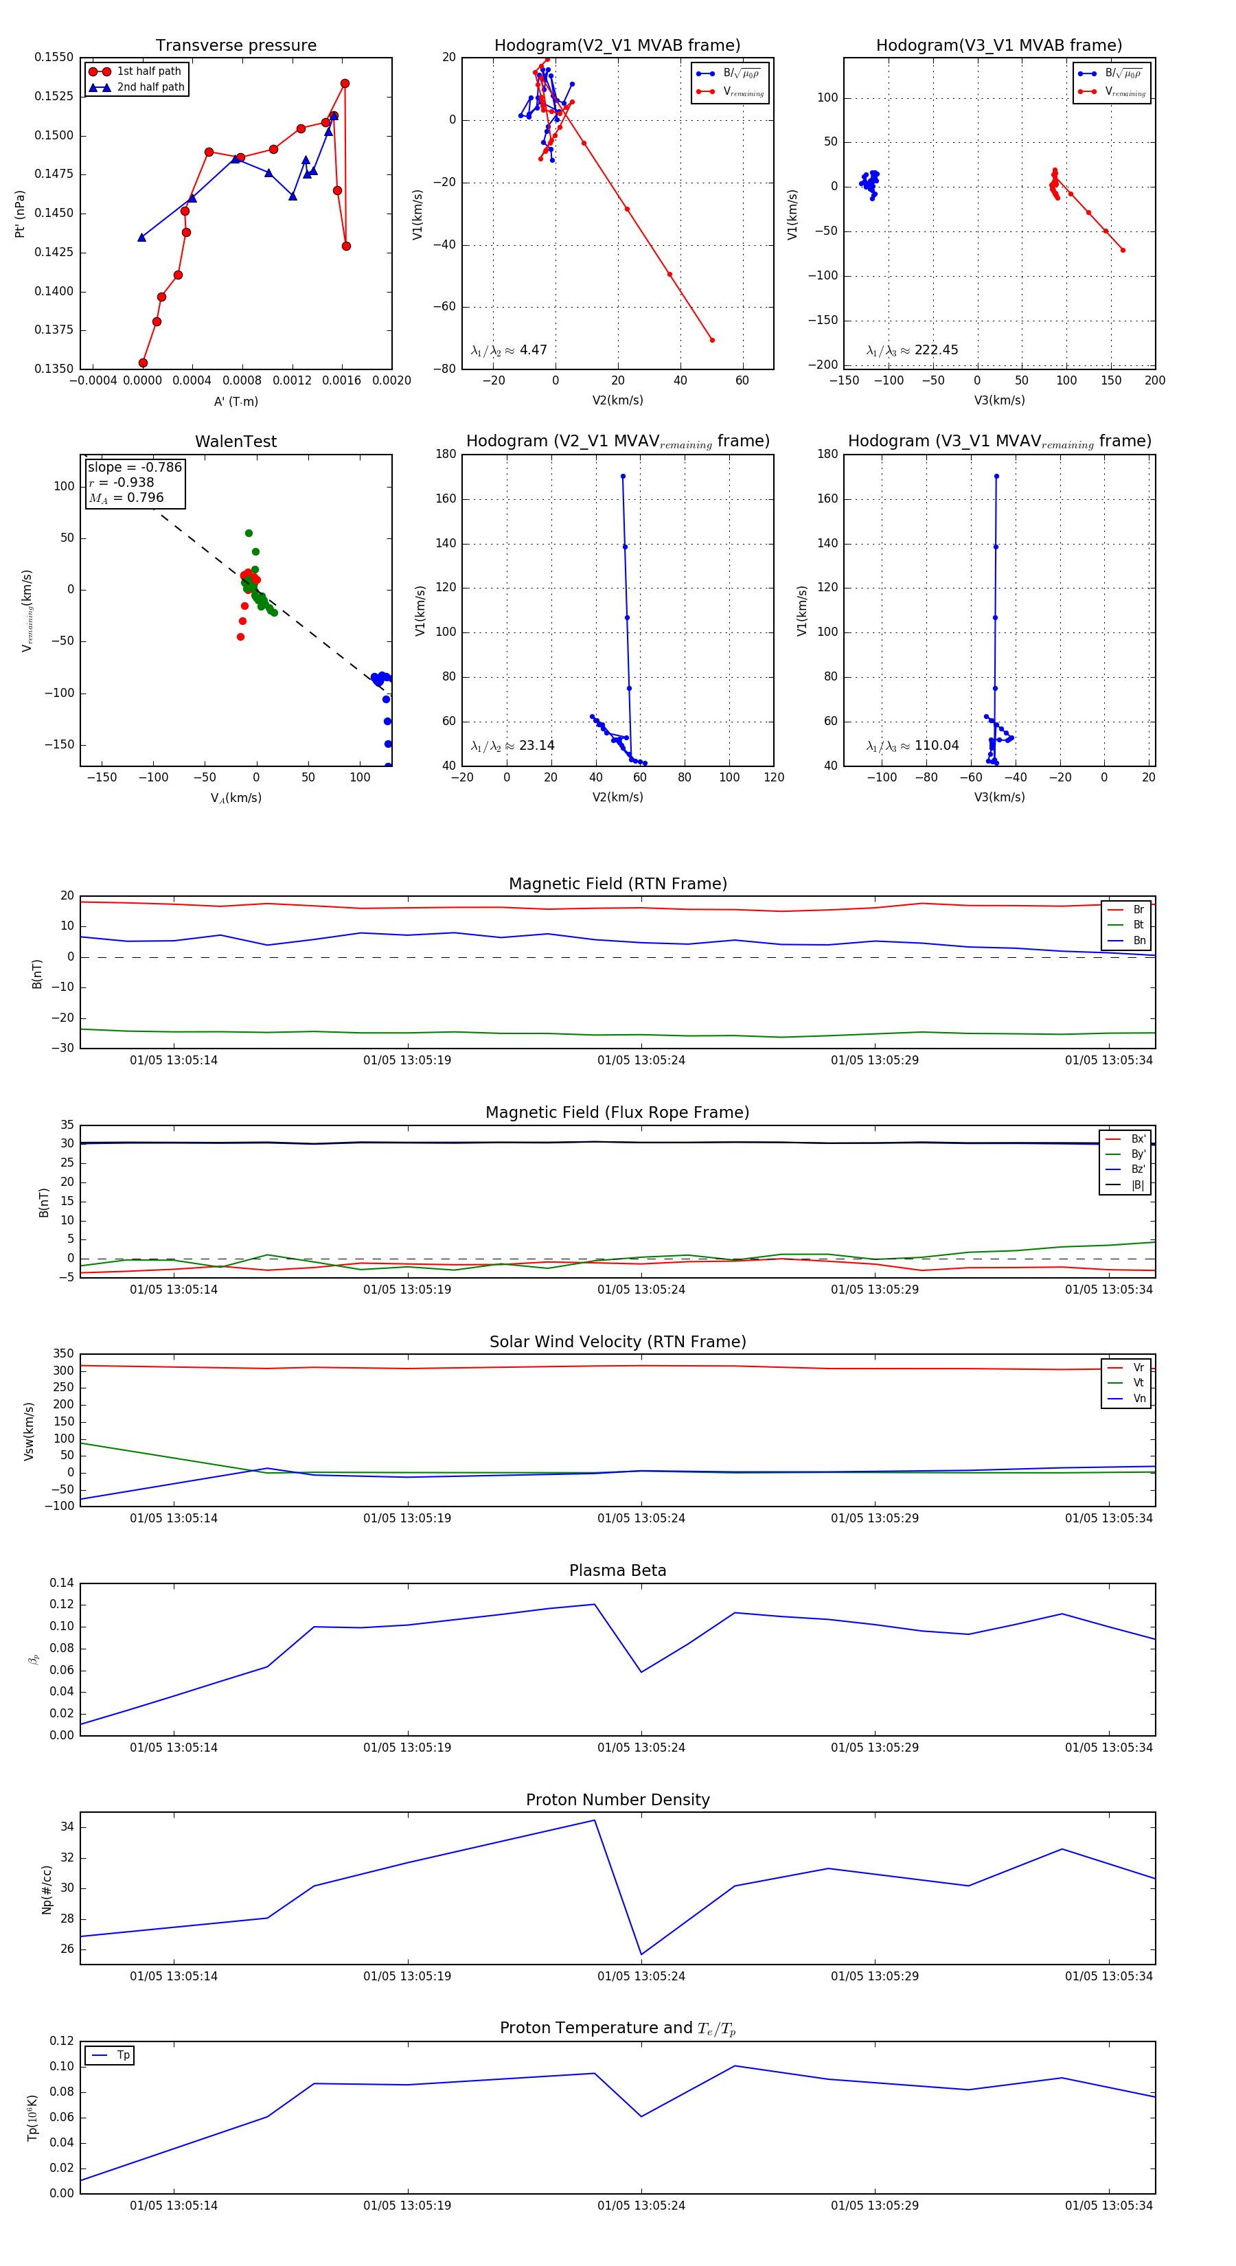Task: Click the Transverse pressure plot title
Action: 236,46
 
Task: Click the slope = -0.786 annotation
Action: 134,467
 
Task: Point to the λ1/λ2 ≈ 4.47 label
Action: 508,350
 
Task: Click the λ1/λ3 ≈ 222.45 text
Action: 913,350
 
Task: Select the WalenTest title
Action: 236,442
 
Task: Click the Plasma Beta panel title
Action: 617,1571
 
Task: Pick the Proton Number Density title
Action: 617,1800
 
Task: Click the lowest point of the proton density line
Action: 641,1955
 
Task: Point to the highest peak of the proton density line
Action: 595,1820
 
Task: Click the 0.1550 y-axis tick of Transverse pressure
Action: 54,57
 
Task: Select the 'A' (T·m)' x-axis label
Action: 236,401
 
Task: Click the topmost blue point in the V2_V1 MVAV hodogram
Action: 623,477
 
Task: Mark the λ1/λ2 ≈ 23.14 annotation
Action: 512,746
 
